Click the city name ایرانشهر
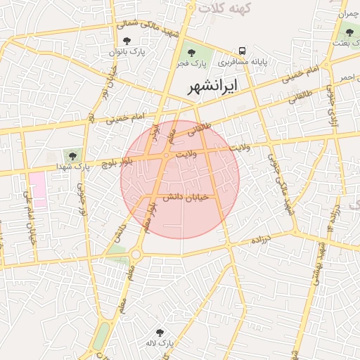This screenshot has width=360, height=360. pos(213,86)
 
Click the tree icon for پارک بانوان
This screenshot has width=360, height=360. pos(127,41)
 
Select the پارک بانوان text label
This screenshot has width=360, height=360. pos(127,52)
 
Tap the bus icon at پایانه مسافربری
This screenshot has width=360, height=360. pos(242,51)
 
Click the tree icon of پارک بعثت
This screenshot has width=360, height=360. pos(349,32)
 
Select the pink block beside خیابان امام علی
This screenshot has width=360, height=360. pos(38,188)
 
